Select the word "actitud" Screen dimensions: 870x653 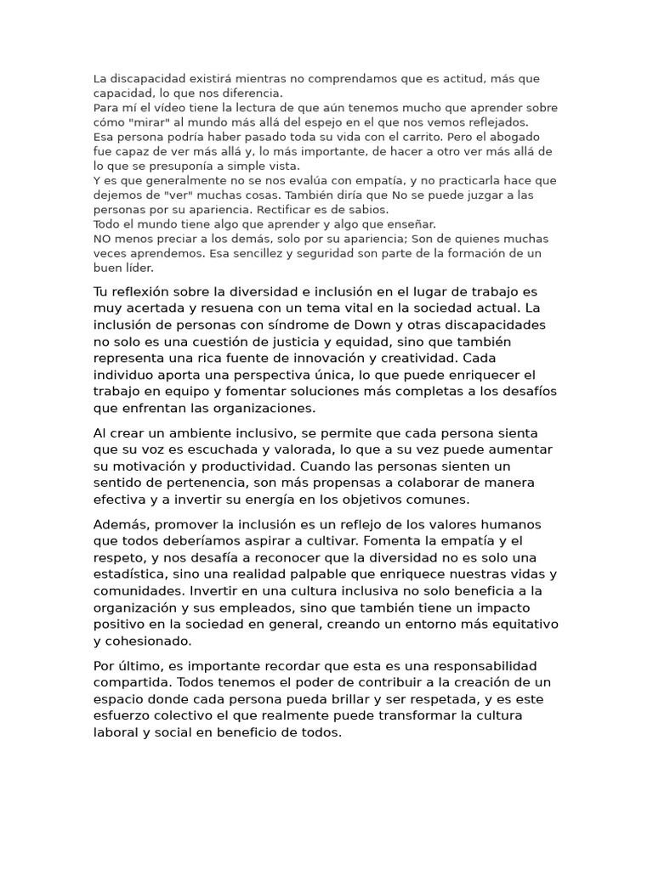point(464,79)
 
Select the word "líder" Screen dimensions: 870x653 point(137,268)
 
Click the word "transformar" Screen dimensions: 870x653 point(442,715)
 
